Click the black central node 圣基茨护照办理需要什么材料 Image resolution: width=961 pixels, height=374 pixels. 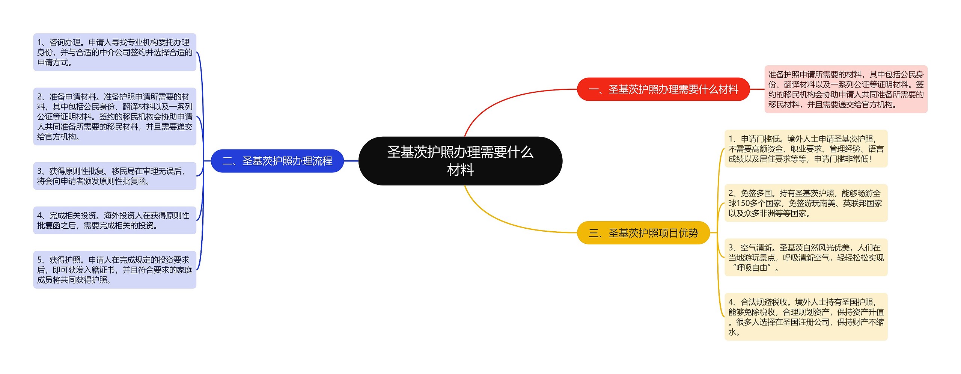click(460, 161)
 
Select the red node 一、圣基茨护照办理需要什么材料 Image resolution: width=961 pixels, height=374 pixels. click(663, 89)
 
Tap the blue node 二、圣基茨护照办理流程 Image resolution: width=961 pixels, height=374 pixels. click(277, 161)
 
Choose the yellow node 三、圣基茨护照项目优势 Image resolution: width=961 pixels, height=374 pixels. click(643, 233)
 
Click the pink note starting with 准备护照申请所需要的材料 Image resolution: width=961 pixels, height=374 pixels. click(846, 89)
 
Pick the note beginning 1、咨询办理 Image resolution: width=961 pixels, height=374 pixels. click(114, 52)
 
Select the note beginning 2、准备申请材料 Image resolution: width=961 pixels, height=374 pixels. click(114, 116)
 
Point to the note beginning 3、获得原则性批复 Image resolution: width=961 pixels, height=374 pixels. click(114, 176)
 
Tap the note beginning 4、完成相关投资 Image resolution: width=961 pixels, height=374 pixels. click(114, 220)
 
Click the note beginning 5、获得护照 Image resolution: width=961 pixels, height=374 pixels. click(114, 270)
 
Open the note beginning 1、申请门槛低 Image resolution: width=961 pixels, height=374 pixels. click(806, 149)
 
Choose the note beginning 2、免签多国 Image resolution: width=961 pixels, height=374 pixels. click(806, 203)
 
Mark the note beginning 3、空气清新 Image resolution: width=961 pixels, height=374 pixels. click(806, 258)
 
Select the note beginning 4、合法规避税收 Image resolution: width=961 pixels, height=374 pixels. click(806, 317)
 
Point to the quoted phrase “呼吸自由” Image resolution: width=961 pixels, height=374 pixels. click(752, 268)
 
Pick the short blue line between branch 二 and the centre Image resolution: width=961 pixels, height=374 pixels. click(351, 161)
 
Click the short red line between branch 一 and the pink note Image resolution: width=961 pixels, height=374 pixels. click(757, 89)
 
